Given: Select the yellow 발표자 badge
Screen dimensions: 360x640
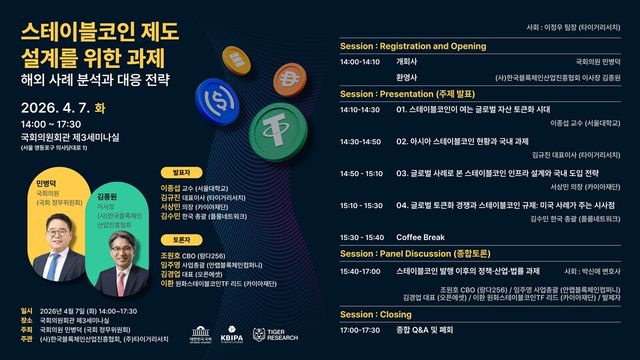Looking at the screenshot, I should coord(181,171).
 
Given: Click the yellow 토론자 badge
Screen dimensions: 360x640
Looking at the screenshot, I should coord(181,240).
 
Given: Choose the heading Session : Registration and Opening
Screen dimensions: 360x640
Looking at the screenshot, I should coord(413,46).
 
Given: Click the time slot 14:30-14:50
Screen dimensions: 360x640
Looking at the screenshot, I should coord(360,141).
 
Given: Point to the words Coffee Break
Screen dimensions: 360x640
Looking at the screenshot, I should coord(421,238).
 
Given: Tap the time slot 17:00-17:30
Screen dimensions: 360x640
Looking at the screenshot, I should coord(360,329).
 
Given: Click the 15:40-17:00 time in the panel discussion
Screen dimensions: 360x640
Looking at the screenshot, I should coord(360,271).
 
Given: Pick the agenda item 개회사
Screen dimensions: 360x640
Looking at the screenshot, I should coord(407,61).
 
